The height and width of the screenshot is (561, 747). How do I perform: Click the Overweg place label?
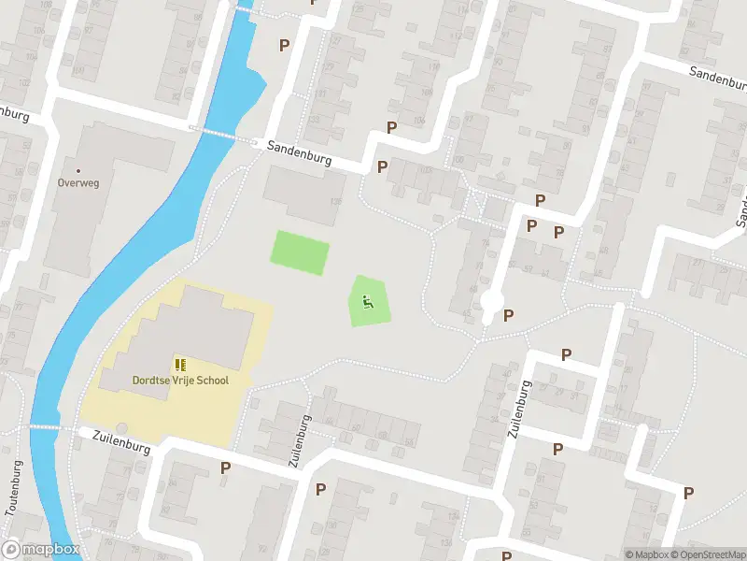(78, 183)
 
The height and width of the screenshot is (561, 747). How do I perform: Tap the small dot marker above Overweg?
(78, 171)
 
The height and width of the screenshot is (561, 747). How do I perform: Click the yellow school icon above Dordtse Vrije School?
(179, 364)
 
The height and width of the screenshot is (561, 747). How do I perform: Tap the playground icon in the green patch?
(368, 301)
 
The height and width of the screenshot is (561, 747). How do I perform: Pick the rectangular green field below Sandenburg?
(300, 252)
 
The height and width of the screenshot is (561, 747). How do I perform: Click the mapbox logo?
(41, 550)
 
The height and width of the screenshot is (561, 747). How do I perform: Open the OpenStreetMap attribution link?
(712, 554)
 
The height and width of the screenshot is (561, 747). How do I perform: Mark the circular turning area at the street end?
(491, 303)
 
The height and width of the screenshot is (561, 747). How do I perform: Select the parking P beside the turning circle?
(509, 315)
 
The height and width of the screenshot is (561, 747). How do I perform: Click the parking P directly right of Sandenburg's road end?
(382, 167)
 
